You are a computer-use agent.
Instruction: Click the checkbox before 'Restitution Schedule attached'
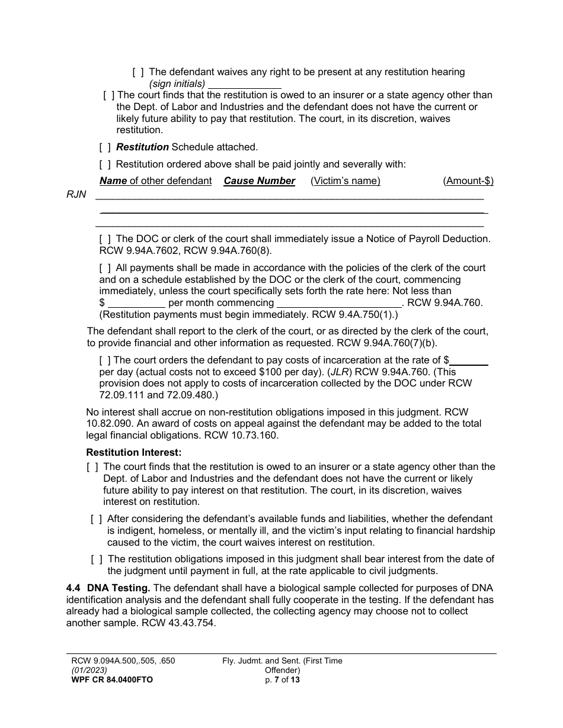coord(105,147)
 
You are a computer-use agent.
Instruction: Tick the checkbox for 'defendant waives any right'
coord(137,72)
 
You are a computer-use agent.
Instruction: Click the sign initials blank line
coord(244,84)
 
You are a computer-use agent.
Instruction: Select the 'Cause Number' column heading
coord(259,181)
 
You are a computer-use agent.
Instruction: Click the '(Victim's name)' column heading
coord(346,181)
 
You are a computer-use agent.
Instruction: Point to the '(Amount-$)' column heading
coord(468,181)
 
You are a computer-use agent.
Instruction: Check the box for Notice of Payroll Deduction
coord(105,239)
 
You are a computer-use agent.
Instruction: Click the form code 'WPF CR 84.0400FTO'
coord(112,680)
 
